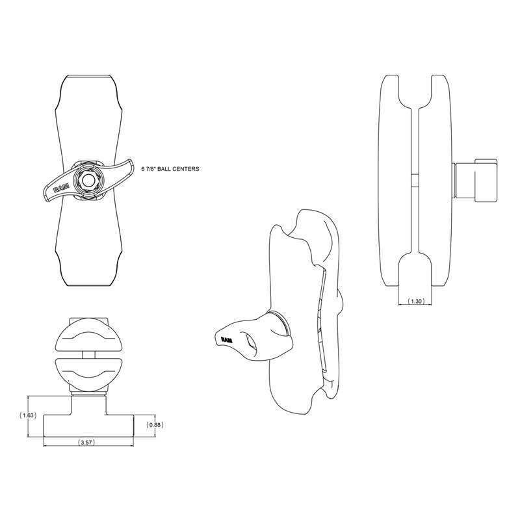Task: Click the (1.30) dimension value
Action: pos(415,301)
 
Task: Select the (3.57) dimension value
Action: pos(86,442)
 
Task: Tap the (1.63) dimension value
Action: pos(28,415)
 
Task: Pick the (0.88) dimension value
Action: pos(155,425)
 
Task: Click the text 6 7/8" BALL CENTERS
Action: pos(170,169)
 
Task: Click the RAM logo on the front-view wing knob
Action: pos(61,188)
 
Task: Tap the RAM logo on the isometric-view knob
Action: pos(227,340)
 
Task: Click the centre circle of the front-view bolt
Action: pos(88,181)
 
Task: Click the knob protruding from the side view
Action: pos(474,180)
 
